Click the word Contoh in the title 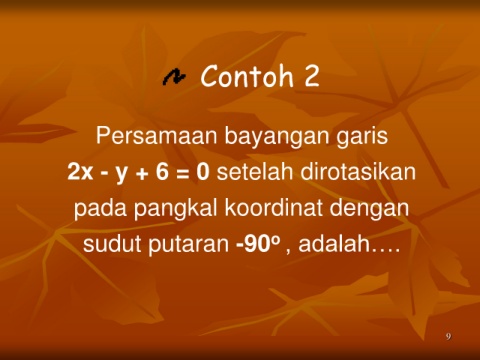[x=247, y=76]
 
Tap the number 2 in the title [x=312, y=76]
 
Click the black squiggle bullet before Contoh [x=174, y=77]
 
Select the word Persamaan [x=156, y=136]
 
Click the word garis [x=362, y=137]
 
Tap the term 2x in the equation [x=80, y=172]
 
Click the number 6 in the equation [x=162, y=172]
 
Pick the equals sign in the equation [x=183, y=173]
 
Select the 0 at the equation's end [x=203, y=172]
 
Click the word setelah [x=255, y=172]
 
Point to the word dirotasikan [x=358, y=172]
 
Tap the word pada [x=100, y=209]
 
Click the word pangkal [x=176, y=209]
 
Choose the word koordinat [x=273, y=208]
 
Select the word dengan [x=369, y=209]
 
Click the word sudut [x=112, y=244]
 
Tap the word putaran [x=189, y=245]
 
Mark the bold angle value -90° [x=257, y=244]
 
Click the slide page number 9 [x=448, y=336]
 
